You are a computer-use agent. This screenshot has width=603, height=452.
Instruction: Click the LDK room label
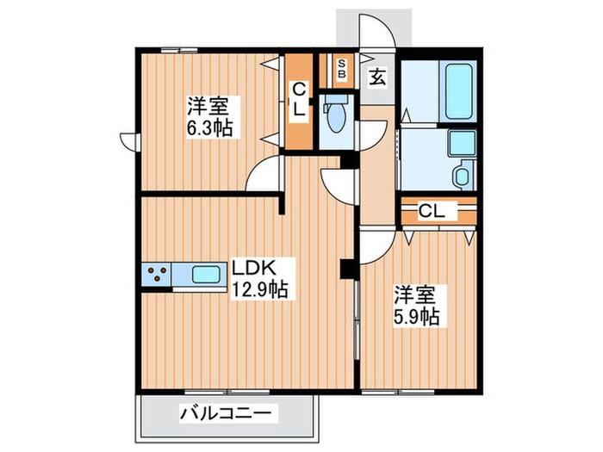(x=249, y=266)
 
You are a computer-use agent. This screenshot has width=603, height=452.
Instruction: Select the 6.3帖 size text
(x=209, y=129)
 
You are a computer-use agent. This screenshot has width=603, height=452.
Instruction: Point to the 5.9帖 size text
(x=418, y=316)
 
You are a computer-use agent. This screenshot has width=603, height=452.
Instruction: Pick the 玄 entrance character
(x=376, y=77)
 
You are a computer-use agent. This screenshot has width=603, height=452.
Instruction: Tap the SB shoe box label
(x=341, y=68)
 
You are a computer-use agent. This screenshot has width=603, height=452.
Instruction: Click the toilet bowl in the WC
(x=333, y=115)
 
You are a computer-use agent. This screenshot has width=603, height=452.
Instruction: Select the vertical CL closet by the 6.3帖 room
(x=298, y=102)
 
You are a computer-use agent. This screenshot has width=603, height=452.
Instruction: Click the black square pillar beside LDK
(x=347, y=269)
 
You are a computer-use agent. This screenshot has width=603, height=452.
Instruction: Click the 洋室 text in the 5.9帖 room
(x=411, y=293)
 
